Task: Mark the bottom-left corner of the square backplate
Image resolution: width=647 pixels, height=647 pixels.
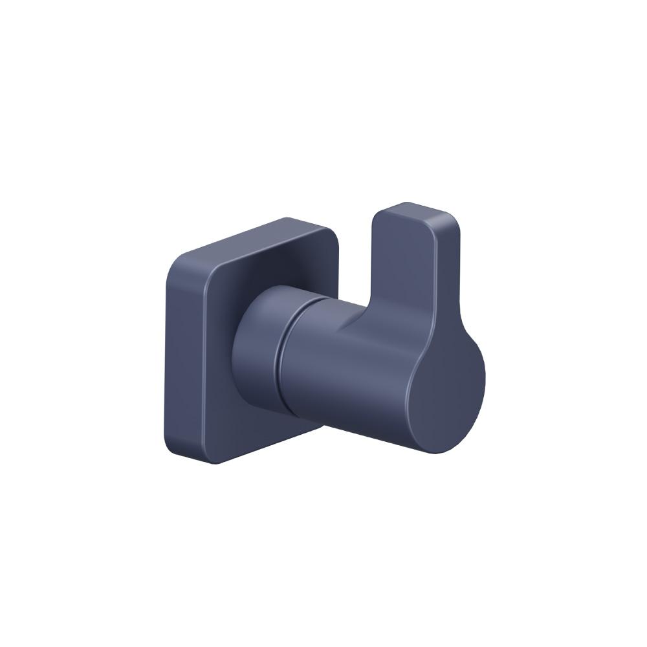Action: [170, 446]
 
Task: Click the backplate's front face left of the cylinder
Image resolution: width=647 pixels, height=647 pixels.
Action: [201, 362]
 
